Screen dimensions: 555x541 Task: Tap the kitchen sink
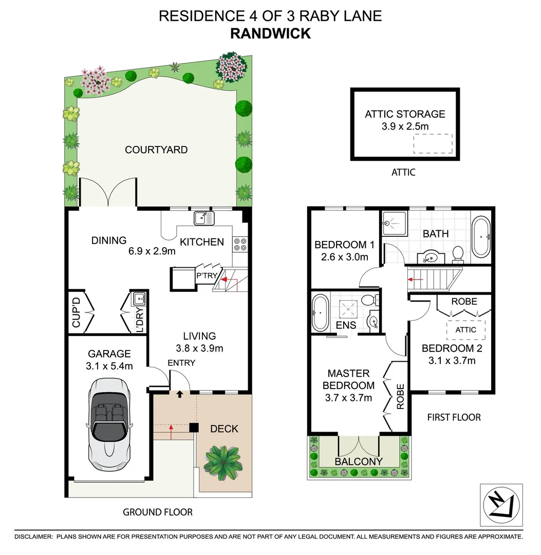pos(203,218)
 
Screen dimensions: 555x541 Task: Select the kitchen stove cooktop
pos(240,244)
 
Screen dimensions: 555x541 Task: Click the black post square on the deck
pos(194,428)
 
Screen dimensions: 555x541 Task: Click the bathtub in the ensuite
pos(320,312)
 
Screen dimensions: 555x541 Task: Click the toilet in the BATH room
pos(457,252)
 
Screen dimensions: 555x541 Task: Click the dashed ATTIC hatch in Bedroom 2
pos(466,330)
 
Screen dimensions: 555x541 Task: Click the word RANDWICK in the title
pos(270,33)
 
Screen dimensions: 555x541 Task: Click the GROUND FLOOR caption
pos(157,512)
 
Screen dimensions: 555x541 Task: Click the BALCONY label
pos(359,461)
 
